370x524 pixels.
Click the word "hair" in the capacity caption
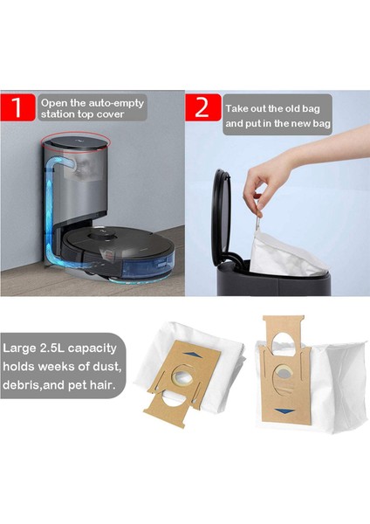(x=106, y=385)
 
